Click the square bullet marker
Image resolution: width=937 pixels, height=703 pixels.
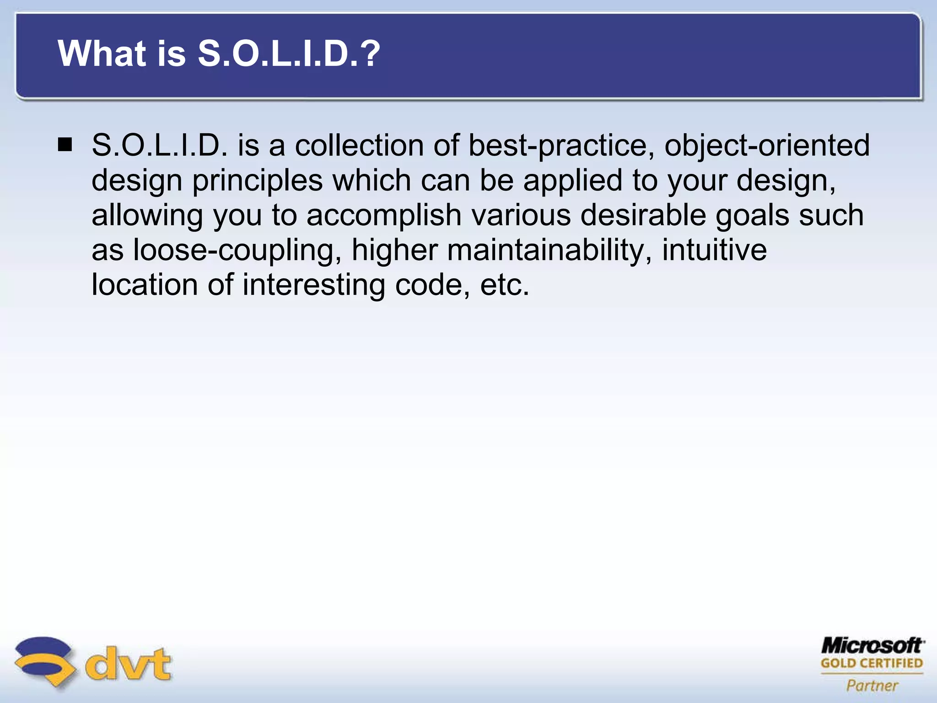point(65,145)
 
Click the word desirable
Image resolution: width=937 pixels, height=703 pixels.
point(643,215)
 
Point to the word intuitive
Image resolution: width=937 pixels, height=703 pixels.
point(714,250)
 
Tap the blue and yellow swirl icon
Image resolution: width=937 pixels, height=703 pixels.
point(44,661)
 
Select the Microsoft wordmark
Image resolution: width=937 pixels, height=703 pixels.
point(872,645)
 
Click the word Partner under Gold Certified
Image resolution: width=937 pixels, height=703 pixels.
point(872,686)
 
